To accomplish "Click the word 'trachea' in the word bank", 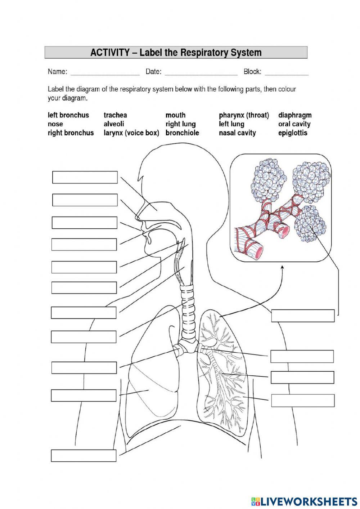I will tap(115, 115).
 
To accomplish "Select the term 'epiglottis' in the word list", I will tap(293, 133).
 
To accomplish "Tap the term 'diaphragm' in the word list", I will tap(295, 115).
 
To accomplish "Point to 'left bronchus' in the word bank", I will tap(68, 115).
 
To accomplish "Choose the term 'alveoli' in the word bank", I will tap(114, 124).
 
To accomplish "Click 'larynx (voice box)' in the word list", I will tap(131, 133).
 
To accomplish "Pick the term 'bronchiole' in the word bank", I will tap(182, 133).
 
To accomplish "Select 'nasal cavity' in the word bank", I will tap(237, 133).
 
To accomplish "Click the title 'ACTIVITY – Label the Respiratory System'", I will tap(176, 53).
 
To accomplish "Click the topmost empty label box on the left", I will tap(85, 177).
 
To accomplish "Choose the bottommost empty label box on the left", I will tap(84, 455).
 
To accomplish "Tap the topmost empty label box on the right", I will tap(303, 315).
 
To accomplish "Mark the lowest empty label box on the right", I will tap(303, 400).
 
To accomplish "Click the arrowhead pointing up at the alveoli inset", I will tap(282, 267).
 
